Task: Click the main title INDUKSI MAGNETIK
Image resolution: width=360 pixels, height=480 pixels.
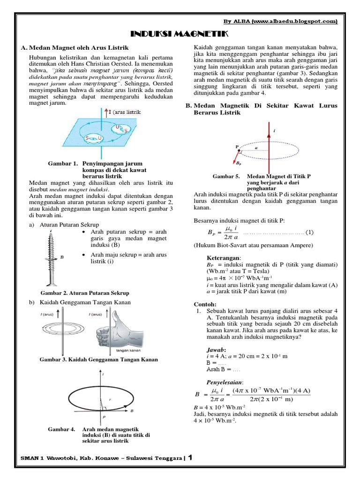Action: coord(180,34)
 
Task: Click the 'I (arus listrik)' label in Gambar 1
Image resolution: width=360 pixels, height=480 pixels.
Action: coord(124,112)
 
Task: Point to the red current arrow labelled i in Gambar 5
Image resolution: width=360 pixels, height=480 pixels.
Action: coord(269,141)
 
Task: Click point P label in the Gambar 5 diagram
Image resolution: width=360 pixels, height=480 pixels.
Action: coord(237,147)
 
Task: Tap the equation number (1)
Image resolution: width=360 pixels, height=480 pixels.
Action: coord(310,232)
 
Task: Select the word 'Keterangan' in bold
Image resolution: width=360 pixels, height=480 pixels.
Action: coord(223,258)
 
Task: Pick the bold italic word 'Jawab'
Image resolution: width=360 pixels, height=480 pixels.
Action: coord(217,350)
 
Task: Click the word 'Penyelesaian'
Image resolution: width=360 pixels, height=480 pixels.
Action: coord(227,382)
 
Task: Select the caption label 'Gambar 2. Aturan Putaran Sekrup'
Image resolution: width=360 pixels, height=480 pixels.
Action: coord(85,293)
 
